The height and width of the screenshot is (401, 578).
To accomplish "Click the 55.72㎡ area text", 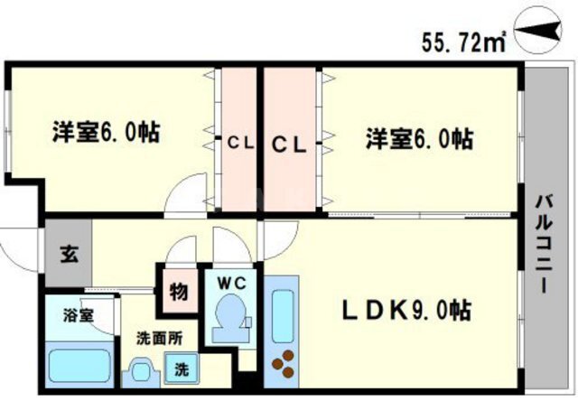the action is point(463,42).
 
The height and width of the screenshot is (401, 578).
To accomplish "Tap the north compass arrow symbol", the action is point(538,31).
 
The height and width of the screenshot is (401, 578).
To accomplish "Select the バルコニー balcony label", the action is point(544,244).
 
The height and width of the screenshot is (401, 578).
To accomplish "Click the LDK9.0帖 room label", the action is point(406,311).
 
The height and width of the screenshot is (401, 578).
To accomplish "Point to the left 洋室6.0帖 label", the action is point(107,132).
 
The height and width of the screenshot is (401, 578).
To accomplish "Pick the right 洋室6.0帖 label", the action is point(419,138).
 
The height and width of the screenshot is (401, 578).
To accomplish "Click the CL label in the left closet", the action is point(240,143).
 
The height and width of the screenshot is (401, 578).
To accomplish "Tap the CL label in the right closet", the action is point(289,145).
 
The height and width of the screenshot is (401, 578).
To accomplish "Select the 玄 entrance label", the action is point(70,254).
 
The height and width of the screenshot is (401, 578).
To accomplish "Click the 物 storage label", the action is point(179,292).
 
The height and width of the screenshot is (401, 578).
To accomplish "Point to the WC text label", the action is point(231,283).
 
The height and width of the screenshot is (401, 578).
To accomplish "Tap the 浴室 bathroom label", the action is point(79,315).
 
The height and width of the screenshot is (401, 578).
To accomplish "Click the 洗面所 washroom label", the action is point(160,338).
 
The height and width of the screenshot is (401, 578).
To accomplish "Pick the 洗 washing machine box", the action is point(182,368).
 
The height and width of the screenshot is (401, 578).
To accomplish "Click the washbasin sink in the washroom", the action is point(141,373).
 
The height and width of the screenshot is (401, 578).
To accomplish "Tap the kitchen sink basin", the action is point(283,316).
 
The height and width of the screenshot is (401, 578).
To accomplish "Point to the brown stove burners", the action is point(283,364).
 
